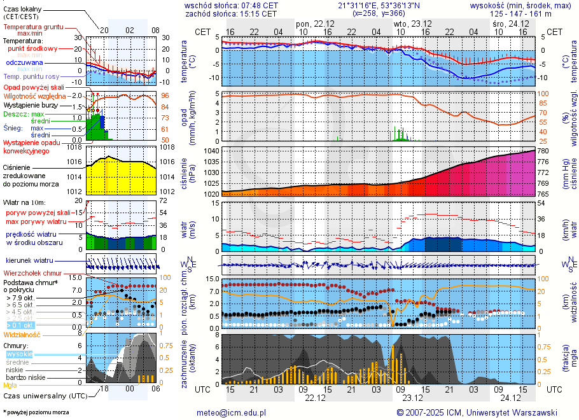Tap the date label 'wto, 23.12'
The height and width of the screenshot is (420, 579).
(409, 23)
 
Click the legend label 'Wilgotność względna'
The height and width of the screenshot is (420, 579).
(36, 95)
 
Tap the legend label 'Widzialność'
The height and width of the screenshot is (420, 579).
(22, 334)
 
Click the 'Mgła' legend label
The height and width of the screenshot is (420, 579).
(10, 385)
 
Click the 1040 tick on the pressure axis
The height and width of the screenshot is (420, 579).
(212, 151)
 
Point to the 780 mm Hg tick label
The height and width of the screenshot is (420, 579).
(543, 151)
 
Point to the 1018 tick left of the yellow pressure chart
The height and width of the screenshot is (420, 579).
(76, 147)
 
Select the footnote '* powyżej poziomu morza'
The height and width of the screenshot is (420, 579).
(36, 412)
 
